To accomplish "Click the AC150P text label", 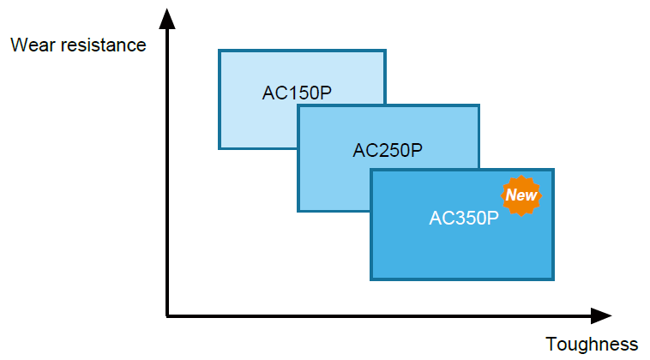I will tap(297, 93).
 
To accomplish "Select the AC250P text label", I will tap(388, 151).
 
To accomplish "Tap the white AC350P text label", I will tap(464, 218).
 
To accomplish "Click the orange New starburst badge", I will tap(521, 195).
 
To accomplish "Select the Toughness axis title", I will tap(592, 344).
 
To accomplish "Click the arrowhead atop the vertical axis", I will tap(167, 15).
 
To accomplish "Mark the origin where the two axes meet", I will tap(167, 316).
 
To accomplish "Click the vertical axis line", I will tap(167, 171).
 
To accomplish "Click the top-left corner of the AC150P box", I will tap(220, 51).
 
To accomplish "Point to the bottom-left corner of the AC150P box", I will tap(220, 147).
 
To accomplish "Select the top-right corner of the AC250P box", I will tap(478, 106).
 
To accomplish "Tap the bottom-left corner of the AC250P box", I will tap(298, 210).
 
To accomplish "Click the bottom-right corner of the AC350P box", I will tap(553, 279).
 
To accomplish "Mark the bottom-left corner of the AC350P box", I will tap(371, 279).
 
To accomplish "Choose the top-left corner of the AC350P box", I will tap(371, 170).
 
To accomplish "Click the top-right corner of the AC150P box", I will tap(383, 51).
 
